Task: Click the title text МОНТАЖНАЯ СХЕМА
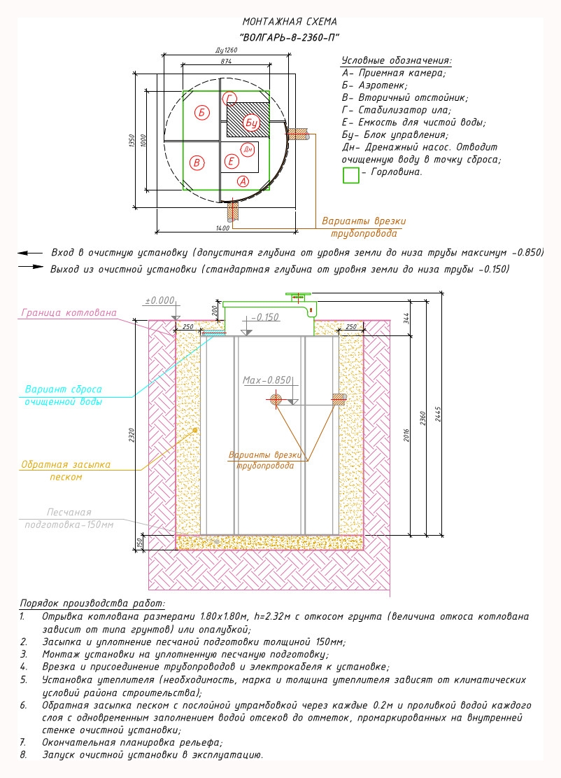point(290,22)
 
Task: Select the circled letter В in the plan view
point(197,162)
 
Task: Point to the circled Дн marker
point(248,149)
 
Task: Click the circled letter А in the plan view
point(243,181)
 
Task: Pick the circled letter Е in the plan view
point(231,161)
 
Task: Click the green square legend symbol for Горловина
point(351,175)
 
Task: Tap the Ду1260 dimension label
point(227,50)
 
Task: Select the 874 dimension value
point(226,61)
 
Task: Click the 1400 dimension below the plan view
point(222,228)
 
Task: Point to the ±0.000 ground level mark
point(159,300)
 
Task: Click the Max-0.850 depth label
point(267,380)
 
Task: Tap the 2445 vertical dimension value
point(438,414)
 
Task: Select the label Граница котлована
point(69,312)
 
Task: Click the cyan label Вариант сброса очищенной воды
point(64,396)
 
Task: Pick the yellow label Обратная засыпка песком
point(66,471)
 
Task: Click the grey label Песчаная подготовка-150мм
point(69,518)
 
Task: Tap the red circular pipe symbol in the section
point(276,398)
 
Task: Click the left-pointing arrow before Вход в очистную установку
point(30,253)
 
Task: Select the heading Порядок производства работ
point(92,604)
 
